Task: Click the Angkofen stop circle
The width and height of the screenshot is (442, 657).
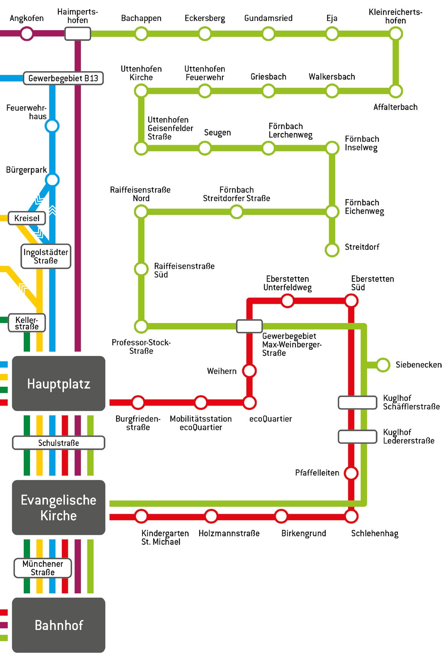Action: [x=26, y=34]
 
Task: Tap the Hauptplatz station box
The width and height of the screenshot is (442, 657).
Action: [x=58, y=383]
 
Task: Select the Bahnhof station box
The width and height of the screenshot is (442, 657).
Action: [x=58, y=625]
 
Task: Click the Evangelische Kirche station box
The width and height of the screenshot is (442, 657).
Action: [x=58, y=507]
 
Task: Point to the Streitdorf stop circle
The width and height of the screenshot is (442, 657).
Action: [x=332, y=250]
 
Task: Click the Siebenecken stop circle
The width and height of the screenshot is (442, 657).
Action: [x=383, y=365]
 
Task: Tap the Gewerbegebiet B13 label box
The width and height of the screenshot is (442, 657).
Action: [x=63, y=78]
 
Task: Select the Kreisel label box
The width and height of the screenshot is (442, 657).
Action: [x=27, y=218]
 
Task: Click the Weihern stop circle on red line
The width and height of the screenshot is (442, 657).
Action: [x=249, y=371]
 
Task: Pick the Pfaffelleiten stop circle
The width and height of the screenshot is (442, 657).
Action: [x=351, y=473]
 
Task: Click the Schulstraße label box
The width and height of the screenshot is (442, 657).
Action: [x=58, y=443]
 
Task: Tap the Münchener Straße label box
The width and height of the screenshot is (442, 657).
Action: [x=43, y=568]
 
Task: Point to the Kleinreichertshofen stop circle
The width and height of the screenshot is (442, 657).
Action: [x=396, y=34]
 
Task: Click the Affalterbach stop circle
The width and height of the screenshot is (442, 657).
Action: [x=396, y=91]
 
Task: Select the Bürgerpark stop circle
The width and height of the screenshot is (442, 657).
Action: [x=52, y=180]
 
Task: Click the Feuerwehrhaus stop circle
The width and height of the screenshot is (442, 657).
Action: [x=52, y=126]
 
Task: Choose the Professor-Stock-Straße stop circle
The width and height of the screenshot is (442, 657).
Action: [x=141, y=326]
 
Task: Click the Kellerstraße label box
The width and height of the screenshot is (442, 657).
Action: [x=27, y=323]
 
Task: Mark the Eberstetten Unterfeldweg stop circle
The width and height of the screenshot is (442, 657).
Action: [x=287, y=301]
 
